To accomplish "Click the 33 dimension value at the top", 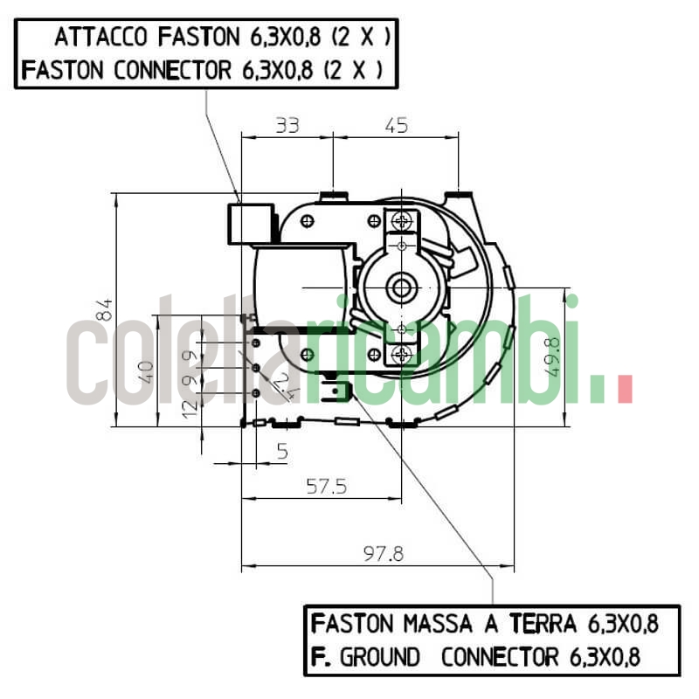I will [x=287, y=126].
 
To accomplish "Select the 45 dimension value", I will [x=397, y=126].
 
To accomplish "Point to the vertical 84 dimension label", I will [x=105, y=309].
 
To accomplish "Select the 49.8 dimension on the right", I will [x=552, y=356].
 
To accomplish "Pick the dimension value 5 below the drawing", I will [x=281, y=451].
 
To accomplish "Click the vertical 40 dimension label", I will [x=146, y=371].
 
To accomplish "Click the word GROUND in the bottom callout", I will [x=379, y=656].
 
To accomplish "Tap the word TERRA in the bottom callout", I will [x=546, y=624].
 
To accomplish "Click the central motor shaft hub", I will [x=402, y=286].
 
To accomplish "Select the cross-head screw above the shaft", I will [x=402, y=219].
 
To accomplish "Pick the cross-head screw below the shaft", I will [x=402, y=353].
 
